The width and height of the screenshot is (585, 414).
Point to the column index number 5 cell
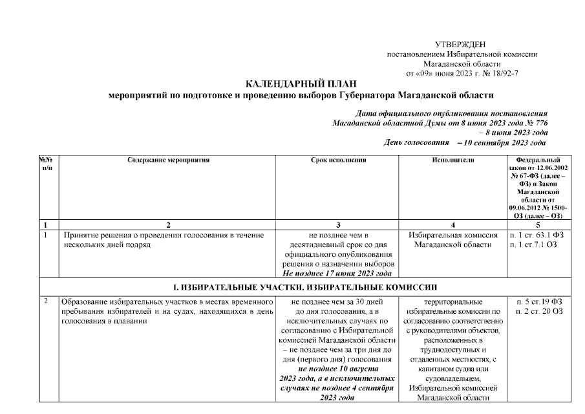538,224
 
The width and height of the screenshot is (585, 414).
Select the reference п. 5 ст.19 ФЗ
538,301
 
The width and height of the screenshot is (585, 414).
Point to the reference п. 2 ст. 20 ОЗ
538,311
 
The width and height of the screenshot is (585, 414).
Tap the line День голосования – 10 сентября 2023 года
464,142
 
